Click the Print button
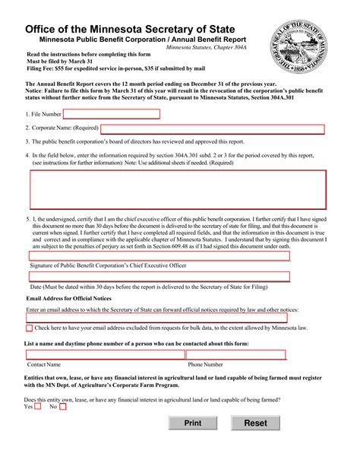coord(193,423)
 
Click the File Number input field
coord(111,114)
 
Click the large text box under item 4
coord(178,189)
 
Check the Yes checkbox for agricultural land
coord(38,407)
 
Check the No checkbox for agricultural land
coord(63,407)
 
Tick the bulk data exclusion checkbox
coord(29,328)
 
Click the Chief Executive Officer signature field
coord(159,256)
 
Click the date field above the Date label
coord(159,278)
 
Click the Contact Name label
coord(43,365)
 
